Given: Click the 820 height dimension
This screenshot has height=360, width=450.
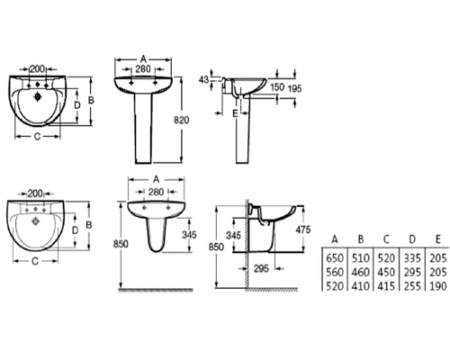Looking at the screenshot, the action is pos(182,120).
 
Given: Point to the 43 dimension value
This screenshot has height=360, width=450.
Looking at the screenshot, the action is pos(203,80).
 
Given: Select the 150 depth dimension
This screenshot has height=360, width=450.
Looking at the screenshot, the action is pos(277,87).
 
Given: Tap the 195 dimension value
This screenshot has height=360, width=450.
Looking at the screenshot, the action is pos(294,89).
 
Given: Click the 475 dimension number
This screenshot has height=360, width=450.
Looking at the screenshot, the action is pos(303,229).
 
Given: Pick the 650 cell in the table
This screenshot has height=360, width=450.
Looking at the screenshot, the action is pos(335,258).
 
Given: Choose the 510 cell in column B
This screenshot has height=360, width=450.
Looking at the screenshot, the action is pos(360,258).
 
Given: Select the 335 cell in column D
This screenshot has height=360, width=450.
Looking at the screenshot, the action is pos(412,258).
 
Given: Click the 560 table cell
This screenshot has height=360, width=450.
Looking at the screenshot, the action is pos(335,272).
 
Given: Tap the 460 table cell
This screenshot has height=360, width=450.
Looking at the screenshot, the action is pos(360,272).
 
